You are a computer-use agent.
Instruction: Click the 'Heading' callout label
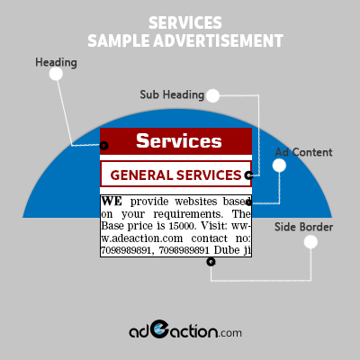click(56, 63)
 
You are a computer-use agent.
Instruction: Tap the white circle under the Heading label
click(56, 74)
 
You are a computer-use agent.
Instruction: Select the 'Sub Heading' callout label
click(172, 94)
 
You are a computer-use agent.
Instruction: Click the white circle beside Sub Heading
click(212, 95)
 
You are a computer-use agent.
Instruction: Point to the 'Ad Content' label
click(303, 152)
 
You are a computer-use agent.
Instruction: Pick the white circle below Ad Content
click(279, 166)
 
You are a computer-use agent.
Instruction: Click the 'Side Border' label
click(303, 227)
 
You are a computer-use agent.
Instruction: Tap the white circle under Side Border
click(310, 242)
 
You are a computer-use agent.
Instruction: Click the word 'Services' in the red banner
click(179, 140)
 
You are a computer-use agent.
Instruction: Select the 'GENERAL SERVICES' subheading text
click(175, 175)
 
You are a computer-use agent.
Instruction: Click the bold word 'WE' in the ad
click(112, 202)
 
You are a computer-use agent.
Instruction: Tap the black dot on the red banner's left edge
click(103, 146)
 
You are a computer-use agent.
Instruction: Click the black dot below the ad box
click(211, 262)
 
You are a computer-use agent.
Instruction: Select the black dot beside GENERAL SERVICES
click(248, 175)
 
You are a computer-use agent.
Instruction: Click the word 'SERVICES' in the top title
click(185, 23)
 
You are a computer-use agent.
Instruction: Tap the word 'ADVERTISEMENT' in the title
click(218, 40)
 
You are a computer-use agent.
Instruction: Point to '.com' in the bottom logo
click(230, 333)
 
